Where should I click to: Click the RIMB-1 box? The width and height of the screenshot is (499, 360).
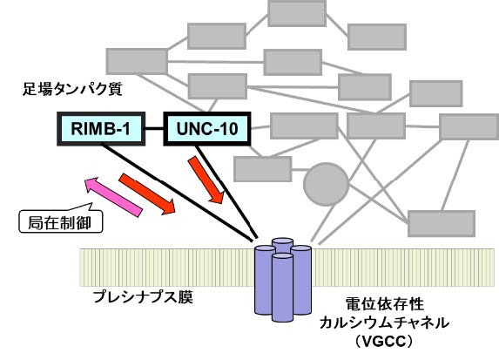pyautogui.click(x=101, y=129)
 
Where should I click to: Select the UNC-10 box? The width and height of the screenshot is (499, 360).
pyautogui.click(x=207, y=129)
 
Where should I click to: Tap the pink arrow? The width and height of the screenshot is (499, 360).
pyautogui.click(x=113, y=198)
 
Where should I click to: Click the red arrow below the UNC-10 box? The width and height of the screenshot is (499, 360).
pyautogui.click(x=206, y=180)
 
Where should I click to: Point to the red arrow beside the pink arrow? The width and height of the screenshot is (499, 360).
pyautogui.click(x=146, y=194)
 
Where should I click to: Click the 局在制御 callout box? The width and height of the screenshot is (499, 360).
pyautogui.click(x=61, y=221)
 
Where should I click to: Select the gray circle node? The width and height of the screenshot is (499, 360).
pyautogui.click(x=326, y=184)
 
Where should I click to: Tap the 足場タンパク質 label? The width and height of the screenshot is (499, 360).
pyautogui.click(x=72, y=89)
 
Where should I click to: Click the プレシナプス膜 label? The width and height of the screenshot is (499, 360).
pyautogui.click(x=143, y=297)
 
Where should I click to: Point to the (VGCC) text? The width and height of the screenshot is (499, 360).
pyautogui.click(x=384, y=342)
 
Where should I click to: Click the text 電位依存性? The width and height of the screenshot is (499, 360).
pyautogui.click(x=384, y=304)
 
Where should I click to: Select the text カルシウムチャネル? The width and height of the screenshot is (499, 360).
pyautogui.click(x=384, y=323)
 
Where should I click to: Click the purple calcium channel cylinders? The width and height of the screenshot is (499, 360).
pyautogui.click(x=283, y=280)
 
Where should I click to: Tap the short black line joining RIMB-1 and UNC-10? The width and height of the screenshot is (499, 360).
pyautogui.click(x=154, y=128)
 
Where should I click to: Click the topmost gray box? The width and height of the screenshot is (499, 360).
pyautogui.click(x=297, y=13)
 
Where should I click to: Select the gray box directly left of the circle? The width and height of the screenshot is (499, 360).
pyautogui.click(x=262, y=169)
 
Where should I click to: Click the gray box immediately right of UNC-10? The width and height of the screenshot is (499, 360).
pyautogui.click(x=304, y=126)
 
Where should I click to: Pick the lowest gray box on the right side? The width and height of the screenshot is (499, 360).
pyautogui.click(x=442, y=223)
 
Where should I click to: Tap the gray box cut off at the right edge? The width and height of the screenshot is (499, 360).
pyautogui.click(x=469, y=127)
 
